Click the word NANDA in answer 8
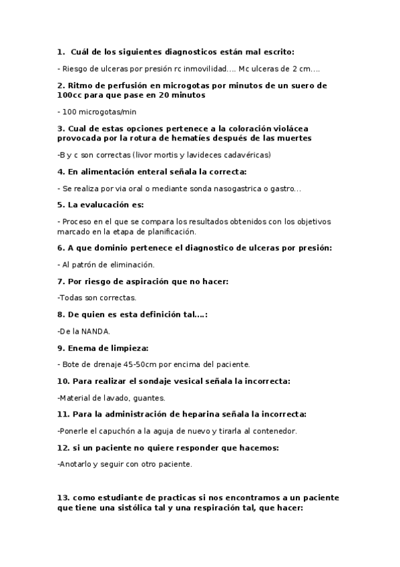(96, 331)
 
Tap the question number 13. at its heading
(63, 498)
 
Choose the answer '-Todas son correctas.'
(97, 298)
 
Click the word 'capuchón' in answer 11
(116, 431)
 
